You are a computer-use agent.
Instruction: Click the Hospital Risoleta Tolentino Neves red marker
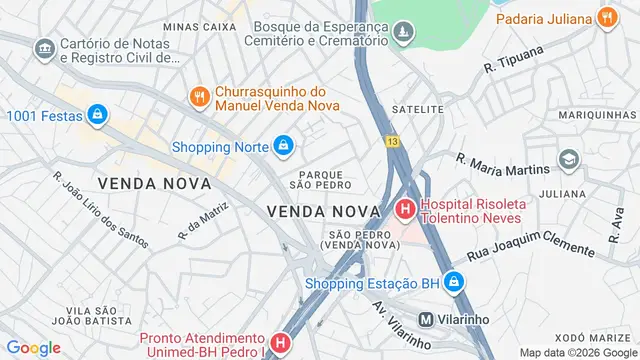point(405,209)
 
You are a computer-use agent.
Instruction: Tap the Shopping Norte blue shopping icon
point(284,147)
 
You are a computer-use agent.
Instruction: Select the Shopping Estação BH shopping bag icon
point(455,282)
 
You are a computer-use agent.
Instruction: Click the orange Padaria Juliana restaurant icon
point(605,17)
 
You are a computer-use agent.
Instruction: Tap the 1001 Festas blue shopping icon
point(96,116)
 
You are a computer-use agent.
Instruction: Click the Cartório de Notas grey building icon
point(44,48)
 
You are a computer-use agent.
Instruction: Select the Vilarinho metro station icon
point(426,320)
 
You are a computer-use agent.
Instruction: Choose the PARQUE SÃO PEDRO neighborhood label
point(321,178)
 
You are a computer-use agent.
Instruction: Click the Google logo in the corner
point(33,348)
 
